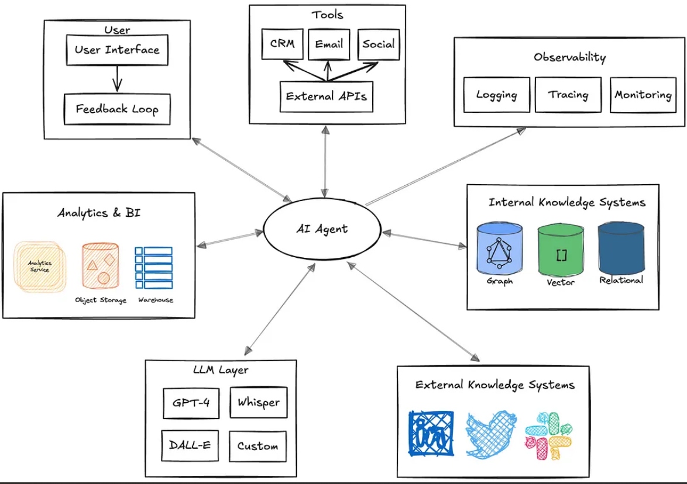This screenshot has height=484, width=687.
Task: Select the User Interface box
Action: [117, 50]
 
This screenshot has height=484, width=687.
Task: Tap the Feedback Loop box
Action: [117, 109]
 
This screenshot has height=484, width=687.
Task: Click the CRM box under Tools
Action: [283, 44]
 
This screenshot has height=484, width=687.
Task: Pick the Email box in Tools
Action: [328, 44]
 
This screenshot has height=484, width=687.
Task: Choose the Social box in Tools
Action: [378, 44]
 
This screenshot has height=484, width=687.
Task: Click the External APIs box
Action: [326, 95]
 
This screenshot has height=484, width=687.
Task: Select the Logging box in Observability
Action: [496, 95]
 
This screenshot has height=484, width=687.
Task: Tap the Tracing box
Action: [568, 95]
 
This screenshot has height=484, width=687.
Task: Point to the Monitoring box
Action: [643, 95]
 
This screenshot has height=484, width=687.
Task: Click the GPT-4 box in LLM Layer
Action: [191, 403]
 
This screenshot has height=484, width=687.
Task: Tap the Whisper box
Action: [258, 402]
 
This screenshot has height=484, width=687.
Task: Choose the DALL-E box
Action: [191, 445]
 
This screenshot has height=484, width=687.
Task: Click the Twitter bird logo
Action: [491, 433]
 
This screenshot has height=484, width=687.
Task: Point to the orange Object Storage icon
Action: [100, 267]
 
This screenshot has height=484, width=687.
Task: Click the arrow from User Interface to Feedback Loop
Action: [117, 78]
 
